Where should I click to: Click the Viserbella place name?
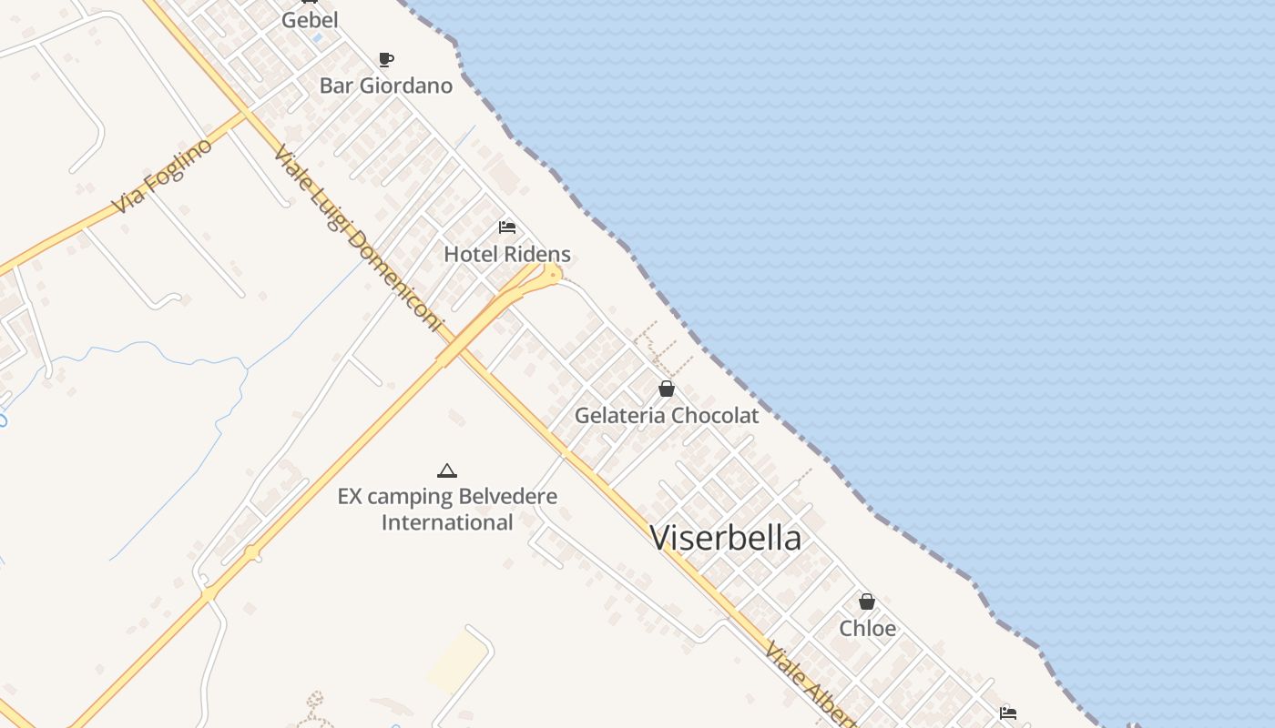click(726, 538)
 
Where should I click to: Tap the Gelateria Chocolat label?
click(666, 416)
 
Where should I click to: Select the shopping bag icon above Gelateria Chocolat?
click(667, 389)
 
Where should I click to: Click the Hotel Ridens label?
click(507, 254)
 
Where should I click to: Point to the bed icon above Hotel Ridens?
click(507, 227)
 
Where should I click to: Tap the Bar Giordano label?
click(385, 86)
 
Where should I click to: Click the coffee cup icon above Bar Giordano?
click(386, 60)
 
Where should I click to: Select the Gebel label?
click(310, 20)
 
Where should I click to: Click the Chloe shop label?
click(867, 629)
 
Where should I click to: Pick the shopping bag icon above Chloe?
click(867, 602)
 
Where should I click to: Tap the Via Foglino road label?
click(163, 176)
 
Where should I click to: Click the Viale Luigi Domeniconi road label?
click(357, 238)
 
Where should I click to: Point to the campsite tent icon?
click(446, 470)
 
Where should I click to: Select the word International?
click(446, 522)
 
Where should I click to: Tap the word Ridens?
click(540, 254)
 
